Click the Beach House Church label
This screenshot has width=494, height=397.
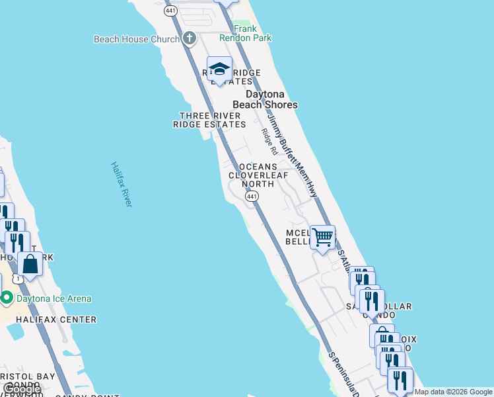click(x=136, y=39)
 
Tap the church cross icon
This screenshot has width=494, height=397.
click(x=190, y=38)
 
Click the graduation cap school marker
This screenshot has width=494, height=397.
click(x=219, y=69)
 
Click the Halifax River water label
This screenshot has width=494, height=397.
click(x=122, y=184)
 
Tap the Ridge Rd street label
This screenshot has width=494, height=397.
click(x=267, y=141)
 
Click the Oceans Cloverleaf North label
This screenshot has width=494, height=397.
click(x=258, y=175)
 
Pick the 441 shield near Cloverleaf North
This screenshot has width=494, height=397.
click(x=251, y=197)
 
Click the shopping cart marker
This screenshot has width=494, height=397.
click(x=322, y=236)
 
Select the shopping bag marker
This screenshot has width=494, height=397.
click(x=30, y=263)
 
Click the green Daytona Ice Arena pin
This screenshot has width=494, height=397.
click(x=7, y=298)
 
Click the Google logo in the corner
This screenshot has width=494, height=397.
click(x=22, y=389)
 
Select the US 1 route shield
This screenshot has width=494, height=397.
click(x=18, y=279)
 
